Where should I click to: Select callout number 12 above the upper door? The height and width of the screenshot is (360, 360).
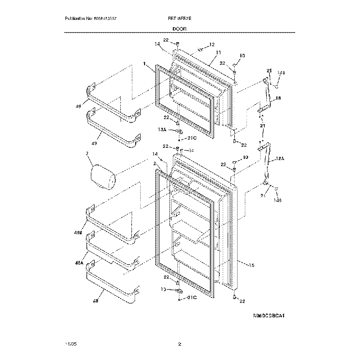[x=211, y=45]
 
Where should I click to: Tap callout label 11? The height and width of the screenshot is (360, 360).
[x=218, y=53]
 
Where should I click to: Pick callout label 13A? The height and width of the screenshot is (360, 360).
[x=162, y=129]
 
